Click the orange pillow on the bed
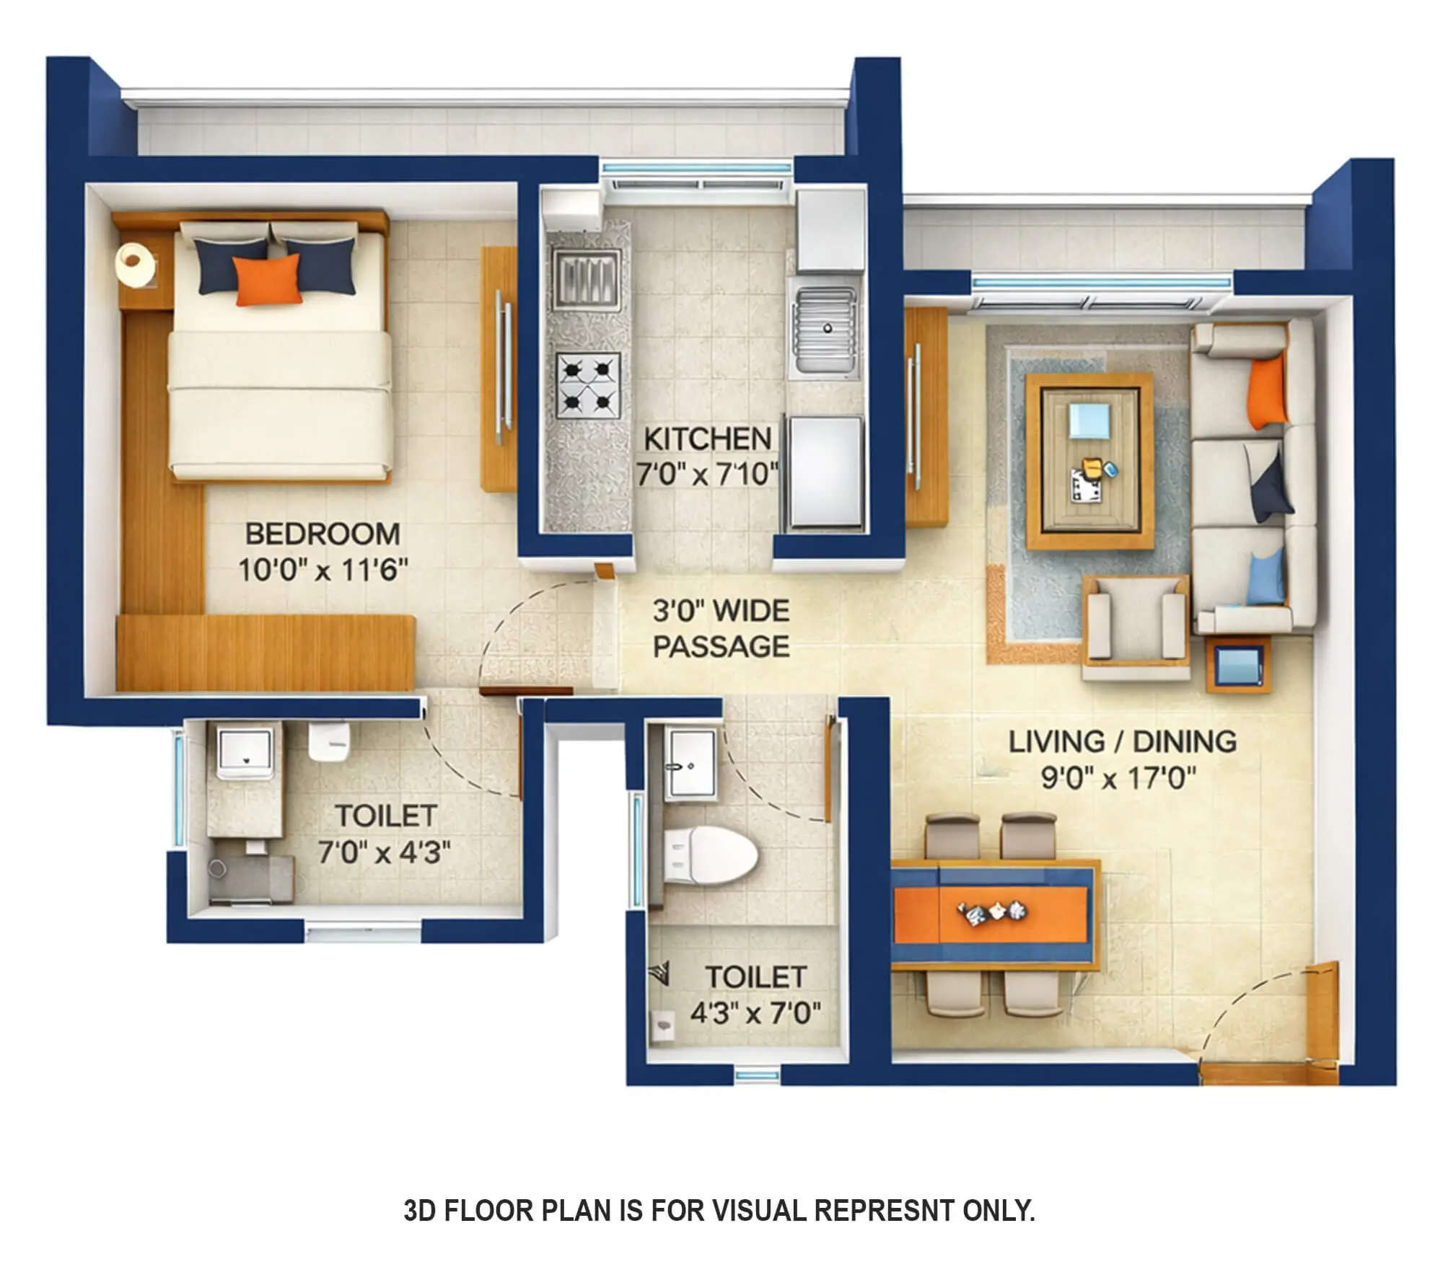tap(267, 280)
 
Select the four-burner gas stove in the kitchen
tap(588, 386)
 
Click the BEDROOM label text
tap(323, 534)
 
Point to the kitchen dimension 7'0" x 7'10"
tap(706, 474)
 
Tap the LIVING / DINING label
tap(1122, 742)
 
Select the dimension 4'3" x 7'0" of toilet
tap(755, 1013)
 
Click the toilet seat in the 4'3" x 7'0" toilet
tap(711, 856)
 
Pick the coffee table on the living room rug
tap(1089, 462)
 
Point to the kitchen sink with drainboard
tap(826, 328)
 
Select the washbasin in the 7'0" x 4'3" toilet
tap(245, 750)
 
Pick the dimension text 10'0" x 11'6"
tap(323, 570)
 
